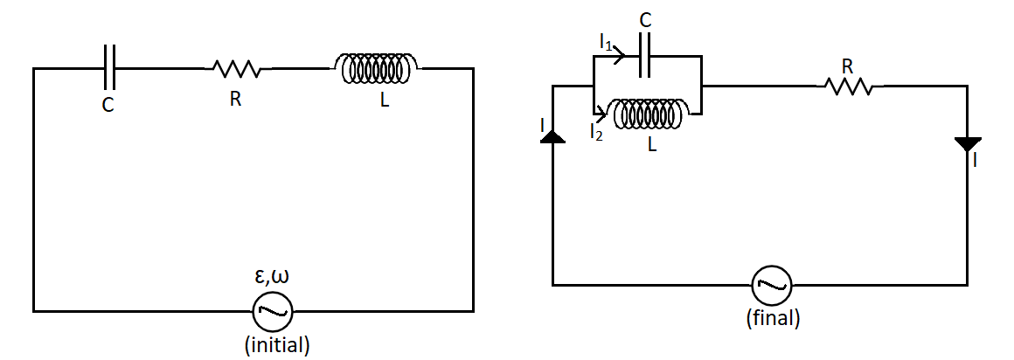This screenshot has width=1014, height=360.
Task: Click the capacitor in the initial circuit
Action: [108, 67]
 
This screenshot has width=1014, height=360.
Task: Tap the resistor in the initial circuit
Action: [234, 68]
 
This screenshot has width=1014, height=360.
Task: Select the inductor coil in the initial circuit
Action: [377, 68]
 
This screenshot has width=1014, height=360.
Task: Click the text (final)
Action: [773, 318]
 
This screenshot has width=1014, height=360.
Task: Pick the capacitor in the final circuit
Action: [645, 59]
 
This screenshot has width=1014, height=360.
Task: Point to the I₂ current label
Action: [596, 133]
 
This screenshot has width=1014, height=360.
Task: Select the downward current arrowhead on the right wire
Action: [968, 145]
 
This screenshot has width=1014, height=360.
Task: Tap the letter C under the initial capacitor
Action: [108, 104]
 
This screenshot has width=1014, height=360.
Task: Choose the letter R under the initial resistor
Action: [235, 99]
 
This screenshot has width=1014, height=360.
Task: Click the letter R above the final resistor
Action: [847, 66]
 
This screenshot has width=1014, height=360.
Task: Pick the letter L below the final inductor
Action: [652, 146]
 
